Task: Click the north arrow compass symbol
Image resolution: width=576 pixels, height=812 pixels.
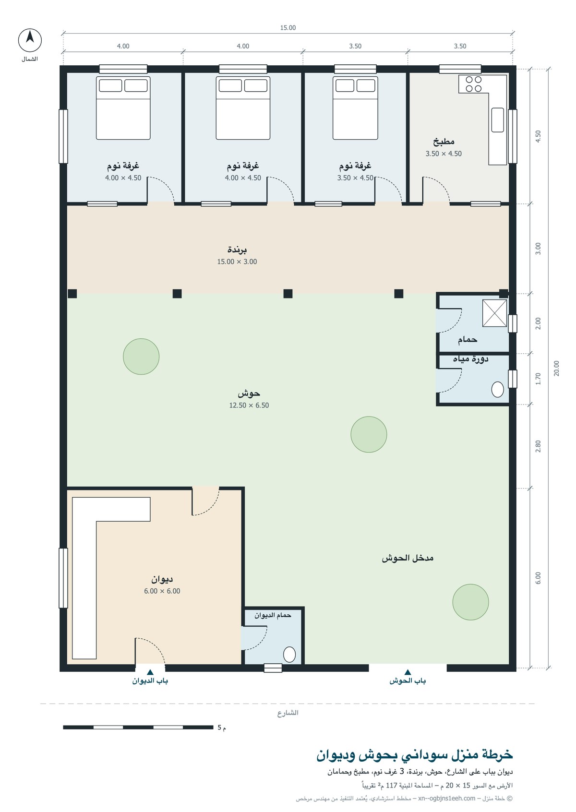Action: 30,40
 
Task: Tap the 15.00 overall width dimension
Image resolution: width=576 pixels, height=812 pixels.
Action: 288,27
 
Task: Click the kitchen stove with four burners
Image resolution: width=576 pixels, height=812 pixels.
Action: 473,84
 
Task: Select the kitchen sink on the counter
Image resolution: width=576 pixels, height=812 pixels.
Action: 498,119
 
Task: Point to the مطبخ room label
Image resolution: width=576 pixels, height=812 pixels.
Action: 444,142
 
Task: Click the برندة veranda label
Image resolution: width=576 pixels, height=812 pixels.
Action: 237,250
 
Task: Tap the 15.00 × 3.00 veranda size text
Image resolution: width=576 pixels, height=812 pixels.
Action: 237,262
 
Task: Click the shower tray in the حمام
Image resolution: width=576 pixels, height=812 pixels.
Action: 494,313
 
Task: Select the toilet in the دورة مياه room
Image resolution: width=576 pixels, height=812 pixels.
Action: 498,390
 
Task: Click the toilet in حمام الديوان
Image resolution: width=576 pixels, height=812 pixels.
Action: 289,655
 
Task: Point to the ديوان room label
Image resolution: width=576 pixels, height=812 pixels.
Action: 162,579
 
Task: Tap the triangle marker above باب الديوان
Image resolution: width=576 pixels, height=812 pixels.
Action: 150,672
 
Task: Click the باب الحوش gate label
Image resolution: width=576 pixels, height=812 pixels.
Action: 408,681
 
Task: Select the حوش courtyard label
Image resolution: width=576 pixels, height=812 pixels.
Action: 249,394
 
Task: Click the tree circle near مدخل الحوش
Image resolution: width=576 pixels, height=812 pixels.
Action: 470,602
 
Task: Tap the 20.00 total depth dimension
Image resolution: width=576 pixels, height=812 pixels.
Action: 556,368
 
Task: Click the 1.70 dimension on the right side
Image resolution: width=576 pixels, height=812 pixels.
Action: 538,379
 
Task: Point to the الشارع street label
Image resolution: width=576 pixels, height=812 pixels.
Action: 288,713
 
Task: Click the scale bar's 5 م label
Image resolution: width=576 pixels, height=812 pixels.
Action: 221,728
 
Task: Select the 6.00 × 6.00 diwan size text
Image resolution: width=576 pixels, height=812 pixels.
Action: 162,591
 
